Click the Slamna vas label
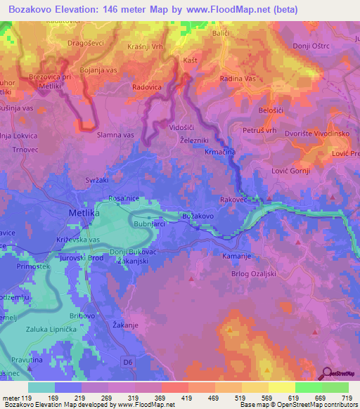pos(115,134)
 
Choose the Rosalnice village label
pos(123,199)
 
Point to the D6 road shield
pos(127,363)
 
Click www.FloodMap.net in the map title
pos(238,10)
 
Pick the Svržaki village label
pos(97,180)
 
